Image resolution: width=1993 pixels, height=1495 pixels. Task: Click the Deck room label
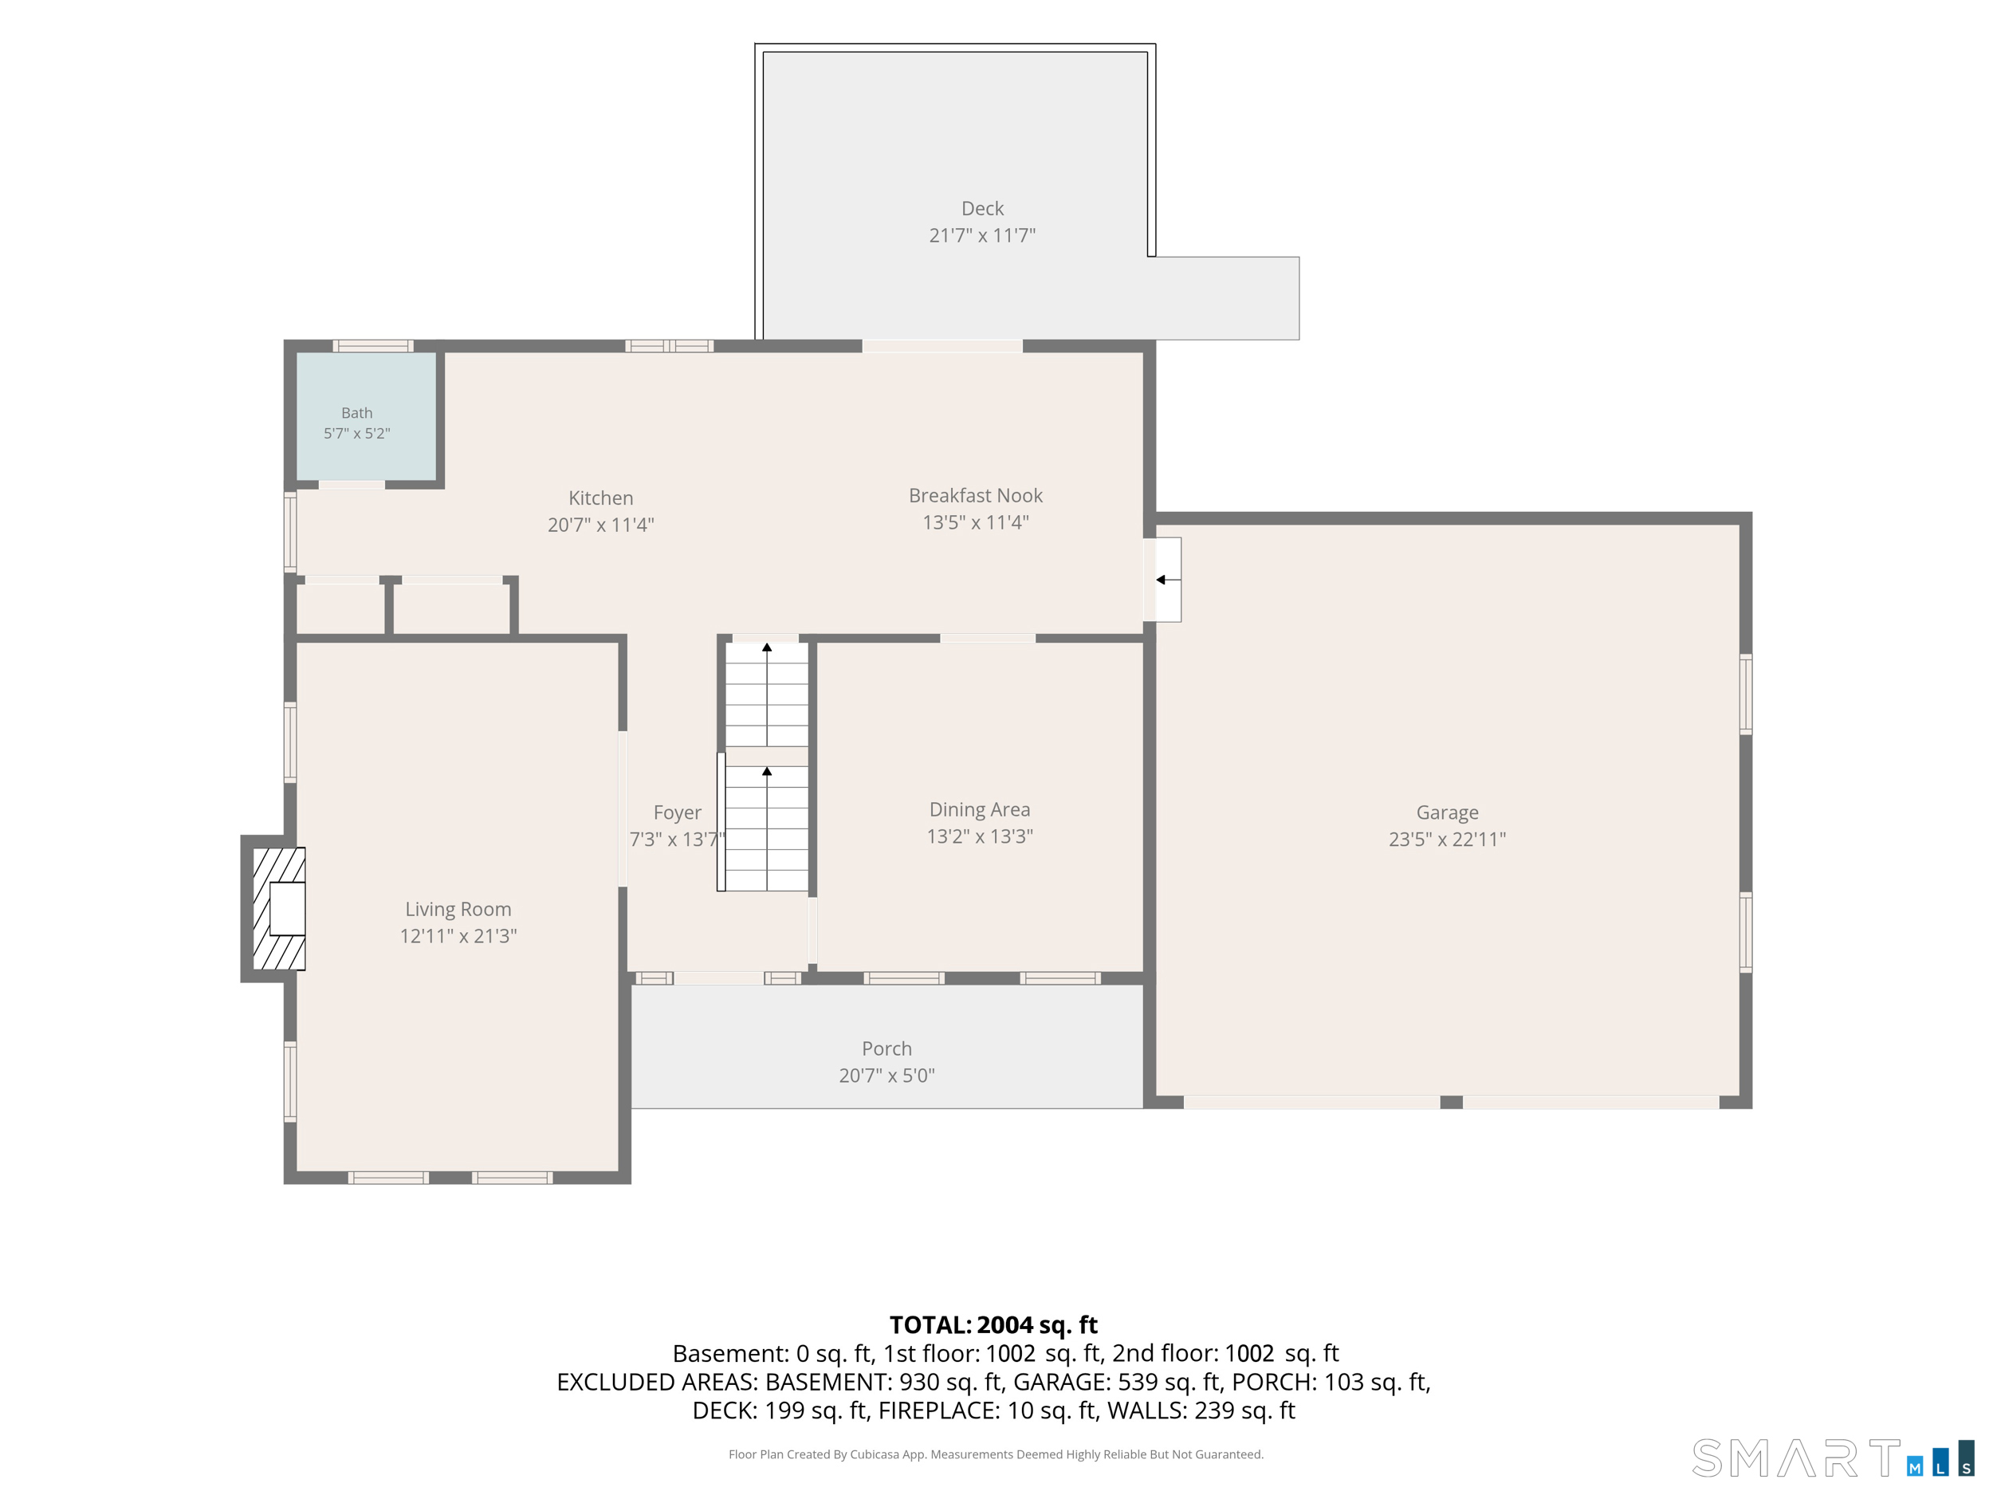coord(982,208)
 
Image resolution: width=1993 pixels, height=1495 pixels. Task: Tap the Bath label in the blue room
coord(357,413)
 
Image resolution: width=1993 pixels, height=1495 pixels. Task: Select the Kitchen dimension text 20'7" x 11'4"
coord(601,525)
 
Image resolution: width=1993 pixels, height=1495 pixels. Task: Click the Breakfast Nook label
coord(976,496)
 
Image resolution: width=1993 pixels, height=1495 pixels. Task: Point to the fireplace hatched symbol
coord(278,908)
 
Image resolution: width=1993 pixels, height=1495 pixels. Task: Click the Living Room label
coord(458,909)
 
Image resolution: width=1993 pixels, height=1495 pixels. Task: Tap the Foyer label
coord(678,812)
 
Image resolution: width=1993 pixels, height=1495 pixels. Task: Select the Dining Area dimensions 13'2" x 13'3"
coord(981,836)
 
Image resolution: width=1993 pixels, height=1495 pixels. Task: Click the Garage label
coord(1447,812)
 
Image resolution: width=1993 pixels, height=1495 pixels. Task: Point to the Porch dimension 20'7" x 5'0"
coord(886,1075)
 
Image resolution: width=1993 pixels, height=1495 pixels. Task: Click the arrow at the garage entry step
coord(1169,580)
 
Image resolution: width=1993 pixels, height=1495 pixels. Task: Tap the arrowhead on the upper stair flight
coord(767,647)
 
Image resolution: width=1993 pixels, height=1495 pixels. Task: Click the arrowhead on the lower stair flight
coord(767,771)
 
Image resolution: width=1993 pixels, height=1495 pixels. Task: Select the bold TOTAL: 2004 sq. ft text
coord(994,1324)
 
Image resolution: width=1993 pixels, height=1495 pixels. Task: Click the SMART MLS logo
coord(1832,1458)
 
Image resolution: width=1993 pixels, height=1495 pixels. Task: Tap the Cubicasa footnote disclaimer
coord(996,1454)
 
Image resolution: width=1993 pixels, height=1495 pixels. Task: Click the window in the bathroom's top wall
coord(373,346)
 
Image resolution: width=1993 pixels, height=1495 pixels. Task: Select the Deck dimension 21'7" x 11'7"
coord(982,235)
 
